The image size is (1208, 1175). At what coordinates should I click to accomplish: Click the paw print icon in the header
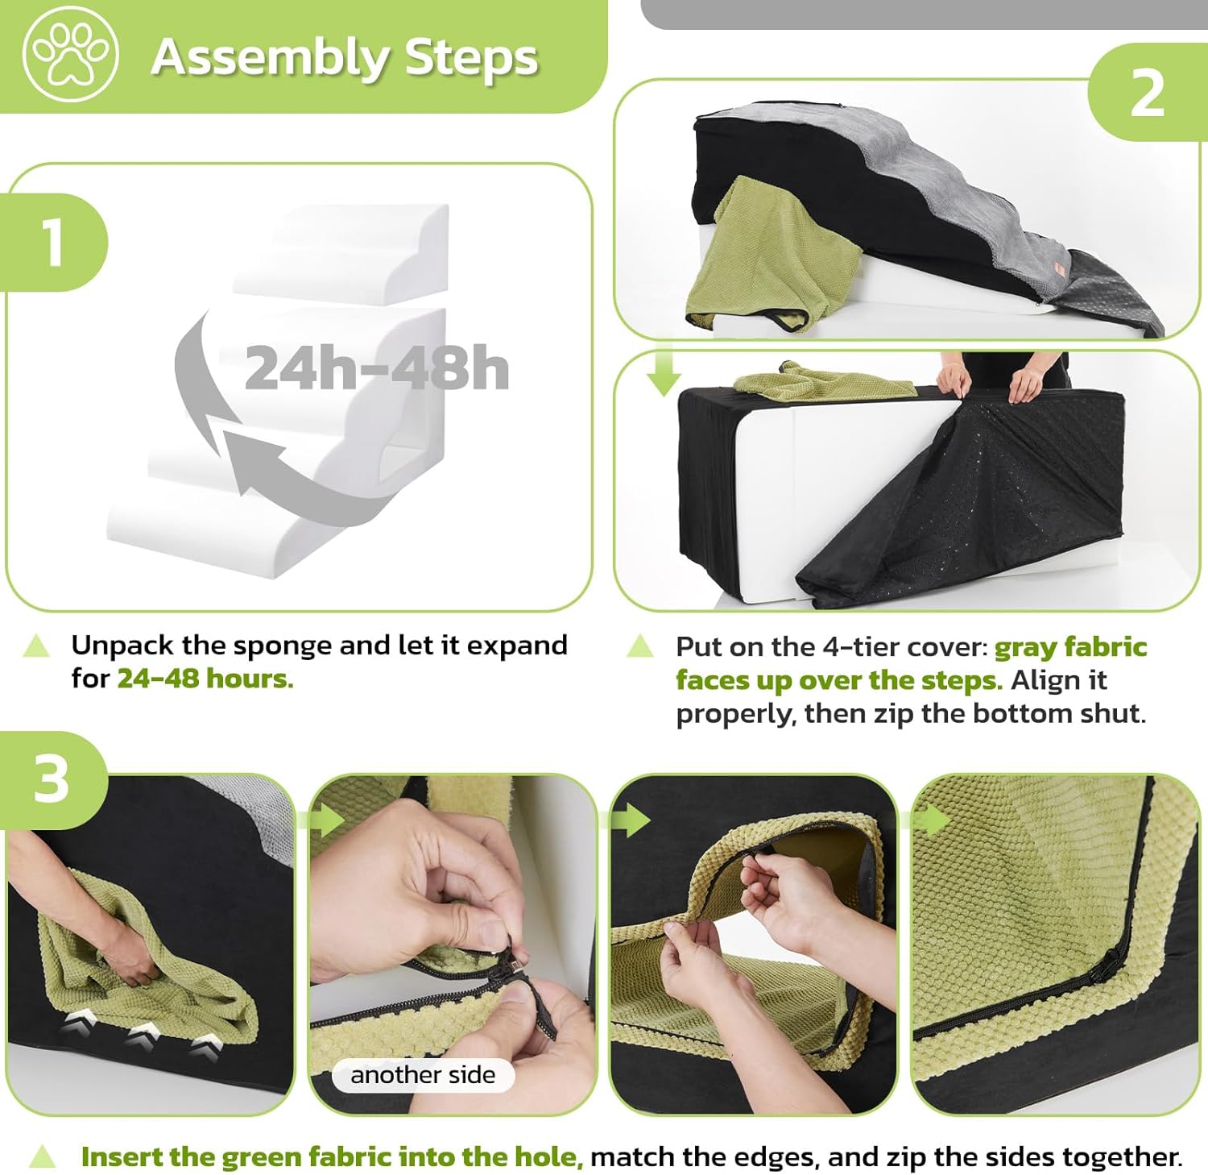tap(71, 55)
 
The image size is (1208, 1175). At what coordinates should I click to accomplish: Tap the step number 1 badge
tap(53, 242)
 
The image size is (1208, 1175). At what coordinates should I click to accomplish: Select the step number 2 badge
tap(1148, 93)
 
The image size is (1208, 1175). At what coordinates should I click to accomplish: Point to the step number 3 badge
tap(52, 779)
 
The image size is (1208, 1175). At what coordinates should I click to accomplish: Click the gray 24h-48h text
tap(377, 368)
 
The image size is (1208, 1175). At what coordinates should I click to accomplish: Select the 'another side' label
tap(423, 1075)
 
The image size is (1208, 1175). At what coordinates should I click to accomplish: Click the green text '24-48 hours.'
tap(205, 679)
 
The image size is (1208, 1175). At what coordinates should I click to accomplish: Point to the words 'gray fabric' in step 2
tap(1070, 647)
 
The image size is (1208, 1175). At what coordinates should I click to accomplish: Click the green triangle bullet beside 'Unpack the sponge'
tap(36, 646)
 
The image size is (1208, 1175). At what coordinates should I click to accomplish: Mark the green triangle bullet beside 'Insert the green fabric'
tap(42, 1157)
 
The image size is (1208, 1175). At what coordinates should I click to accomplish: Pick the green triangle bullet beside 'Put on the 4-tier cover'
tap(640, 646)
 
